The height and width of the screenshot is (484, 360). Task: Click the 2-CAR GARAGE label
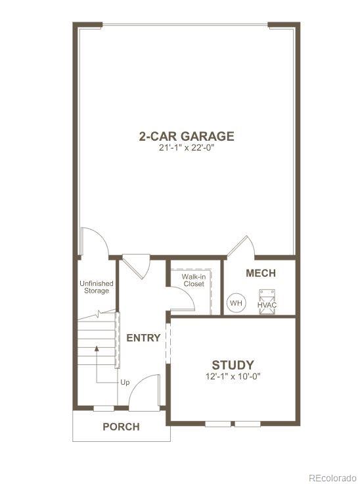point(186,136)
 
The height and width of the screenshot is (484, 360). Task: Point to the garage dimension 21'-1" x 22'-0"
point(186,149)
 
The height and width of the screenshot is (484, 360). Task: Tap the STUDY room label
point(233,365)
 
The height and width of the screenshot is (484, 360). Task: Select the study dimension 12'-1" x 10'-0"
point(233,377)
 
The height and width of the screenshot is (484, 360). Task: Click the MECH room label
point(260,274)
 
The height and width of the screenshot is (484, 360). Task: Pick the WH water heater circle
point(235,304)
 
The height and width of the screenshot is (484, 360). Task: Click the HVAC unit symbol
point(266,300)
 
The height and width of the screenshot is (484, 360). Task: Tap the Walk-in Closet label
point(193,280)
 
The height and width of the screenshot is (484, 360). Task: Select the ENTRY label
point(143,337)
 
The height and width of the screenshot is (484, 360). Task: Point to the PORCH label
point(121,427)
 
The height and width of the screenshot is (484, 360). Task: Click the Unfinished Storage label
point(96,287)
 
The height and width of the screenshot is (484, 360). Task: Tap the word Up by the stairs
point(125,382)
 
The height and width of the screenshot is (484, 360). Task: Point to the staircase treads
point(97,342)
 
